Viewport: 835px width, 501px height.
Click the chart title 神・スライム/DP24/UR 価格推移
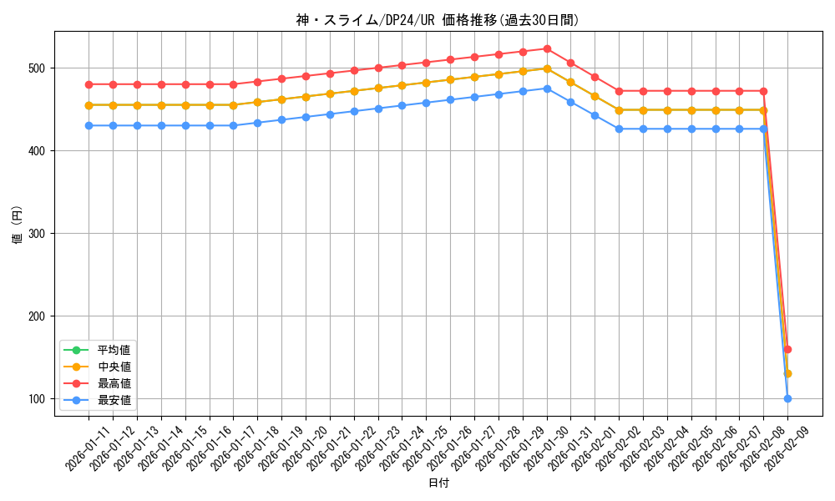pyautogui.click(x=438, y=20)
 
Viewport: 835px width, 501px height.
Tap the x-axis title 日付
pyautogui.click(x=438, y=483)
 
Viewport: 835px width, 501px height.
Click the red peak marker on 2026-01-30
pyautogui.click(x=547, y=48)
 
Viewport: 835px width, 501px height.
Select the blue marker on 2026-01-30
pyautogui.click(x=547, y=89)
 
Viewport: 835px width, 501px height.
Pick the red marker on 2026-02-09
pyautogui.click(x=787, y=349)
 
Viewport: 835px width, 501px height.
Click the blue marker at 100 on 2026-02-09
pyautogui.click(x=787, y=398)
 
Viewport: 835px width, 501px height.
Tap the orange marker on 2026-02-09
pyautogui.click(x=787, y=373)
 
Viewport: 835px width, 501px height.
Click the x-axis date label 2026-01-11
pyautogui.click(x=89, y=449)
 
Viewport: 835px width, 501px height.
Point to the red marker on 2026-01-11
pyautogui.click(x=89, y=84)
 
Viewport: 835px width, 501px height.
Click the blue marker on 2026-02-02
pyautogui.click(x=619, y=129)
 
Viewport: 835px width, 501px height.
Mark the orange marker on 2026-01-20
pyautogui.click(x=306, y=97)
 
